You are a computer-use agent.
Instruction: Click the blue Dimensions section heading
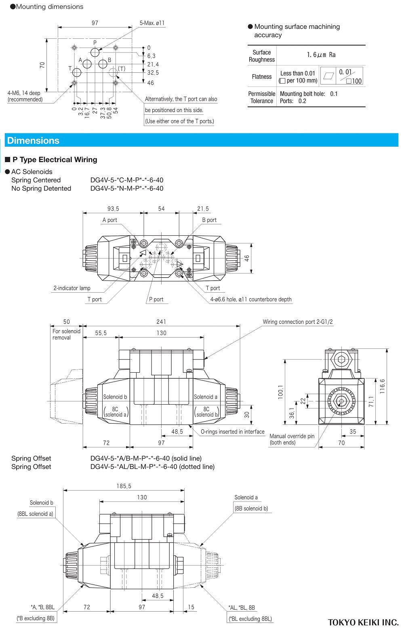[x=34, y=141]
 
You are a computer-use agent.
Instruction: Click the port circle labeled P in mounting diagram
[x=95, y=53]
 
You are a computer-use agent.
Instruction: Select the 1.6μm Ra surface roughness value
[x=321, y=55]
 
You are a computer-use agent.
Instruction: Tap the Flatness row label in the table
[x=262, y=77]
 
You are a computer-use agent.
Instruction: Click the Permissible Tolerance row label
[x=262, y=97]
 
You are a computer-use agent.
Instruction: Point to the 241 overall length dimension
[x=161, y=322]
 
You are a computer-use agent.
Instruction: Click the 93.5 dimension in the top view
[x=113, y=209]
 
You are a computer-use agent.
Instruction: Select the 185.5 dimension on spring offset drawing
[x=124, y=486]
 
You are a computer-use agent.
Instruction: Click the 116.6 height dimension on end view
[x=383, y=386]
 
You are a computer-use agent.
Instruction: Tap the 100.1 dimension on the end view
[x=281, y=392]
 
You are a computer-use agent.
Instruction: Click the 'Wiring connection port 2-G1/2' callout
[x=298, y=322]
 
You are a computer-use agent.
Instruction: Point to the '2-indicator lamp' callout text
[x=72, y=288]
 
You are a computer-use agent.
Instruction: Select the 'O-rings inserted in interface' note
[x=233, y=432]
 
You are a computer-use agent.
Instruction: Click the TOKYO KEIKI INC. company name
[x=363, y=622]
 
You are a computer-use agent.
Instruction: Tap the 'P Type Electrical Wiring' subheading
[x=55, y=160]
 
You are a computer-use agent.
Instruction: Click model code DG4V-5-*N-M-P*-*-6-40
[x=127, y=188]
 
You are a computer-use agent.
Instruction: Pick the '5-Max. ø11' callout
[x=152, y=23]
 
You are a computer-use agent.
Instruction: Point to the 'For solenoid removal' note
[x=66, y=334]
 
